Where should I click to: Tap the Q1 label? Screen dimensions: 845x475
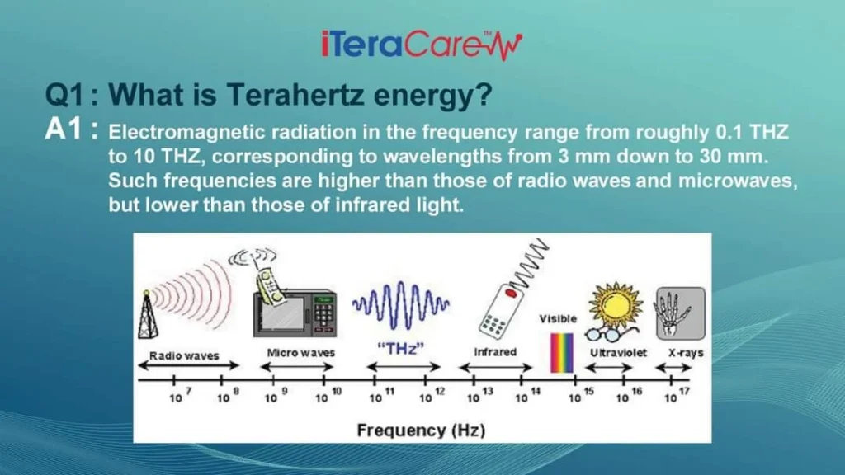64,95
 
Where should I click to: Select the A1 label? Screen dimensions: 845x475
64,129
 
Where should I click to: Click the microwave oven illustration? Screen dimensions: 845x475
295,314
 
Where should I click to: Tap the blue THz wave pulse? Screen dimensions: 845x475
401,305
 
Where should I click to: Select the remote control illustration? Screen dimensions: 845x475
501,311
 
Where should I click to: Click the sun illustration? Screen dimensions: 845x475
616,305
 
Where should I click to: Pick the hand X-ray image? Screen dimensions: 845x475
681,313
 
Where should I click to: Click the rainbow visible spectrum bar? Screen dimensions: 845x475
561,353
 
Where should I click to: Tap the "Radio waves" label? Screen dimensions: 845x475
184,355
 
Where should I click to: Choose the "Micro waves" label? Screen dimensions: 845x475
300,353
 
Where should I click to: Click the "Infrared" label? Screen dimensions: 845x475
495,352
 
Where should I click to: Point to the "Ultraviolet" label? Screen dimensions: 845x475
618,353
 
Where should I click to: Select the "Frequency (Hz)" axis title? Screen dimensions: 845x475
422,430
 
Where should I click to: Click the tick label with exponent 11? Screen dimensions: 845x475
382,396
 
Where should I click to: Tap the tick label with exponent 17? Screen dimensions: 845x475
677,396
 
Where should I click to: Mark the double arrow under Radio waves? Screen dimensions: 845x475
189,365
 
